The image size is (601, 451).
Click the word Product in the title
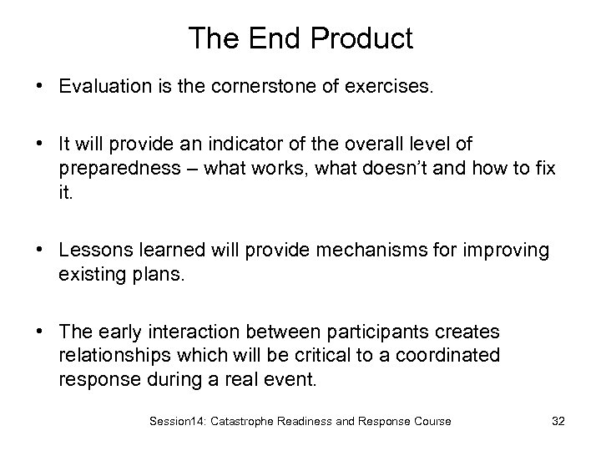(x=364, y=38)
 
